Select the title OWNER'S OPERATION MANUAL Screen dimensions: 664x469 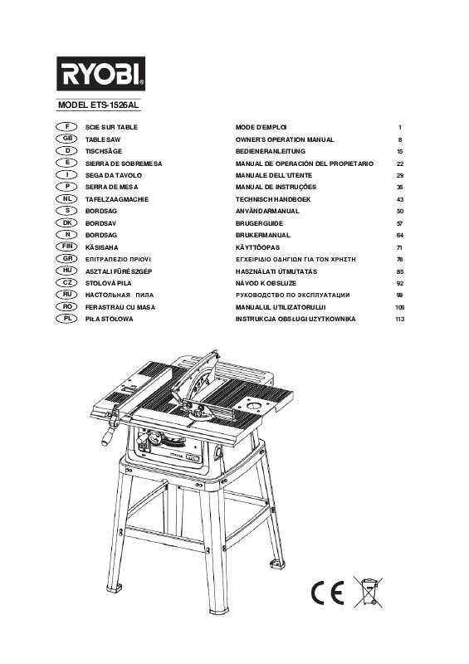tap(285, 140)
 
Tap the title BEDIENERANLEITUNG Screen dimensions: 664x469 tap(272, 153)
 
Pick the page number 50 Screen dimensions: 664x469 tap(399, 212)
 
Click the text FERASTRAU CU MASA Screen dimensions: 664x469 tap(120, 307)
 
